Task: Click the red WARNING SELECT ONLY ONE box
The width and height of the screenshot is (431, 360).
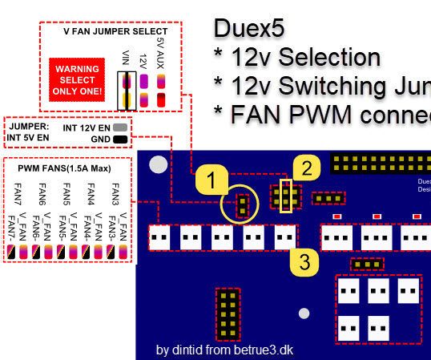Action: click(x=76, y=81)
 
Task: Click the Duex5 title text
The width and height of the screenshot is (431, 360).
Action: click(x=249, y=28)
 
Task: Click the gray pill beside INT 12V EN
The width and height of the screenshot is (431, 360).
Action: click(x=120, y=127)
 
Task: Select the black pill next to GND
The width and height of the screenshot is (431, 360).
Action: click(x=120, y=139)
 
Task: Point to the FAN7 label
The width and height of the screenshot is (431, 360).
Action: click(x=17, y=196)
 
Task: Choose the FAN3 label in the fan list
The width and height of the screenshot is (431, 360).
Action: click(x=115, y=196)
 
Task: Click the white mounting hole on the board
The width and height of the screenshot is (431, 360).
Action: click(x=159, y=165)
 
